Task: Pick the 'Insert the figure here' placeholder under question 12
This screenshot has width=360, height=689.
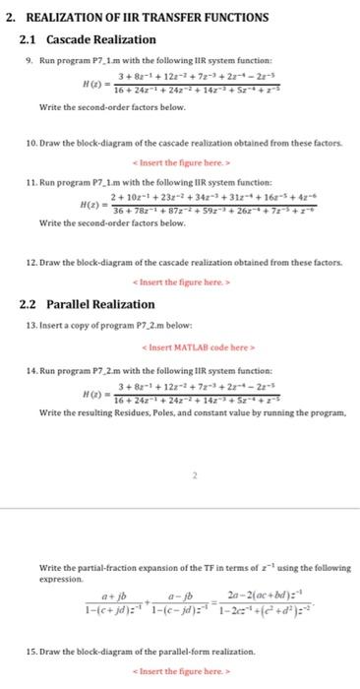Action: (193, 282)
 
